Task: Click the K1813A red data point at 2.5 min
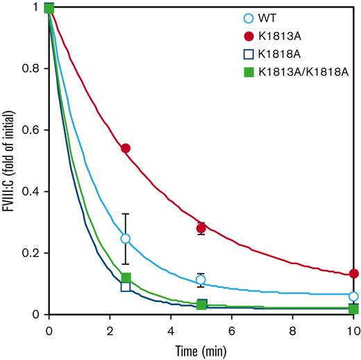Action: point(126,148)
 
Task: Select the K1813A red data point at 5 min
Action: point(201,228)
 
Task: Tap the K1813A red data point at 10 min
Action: point(353,274)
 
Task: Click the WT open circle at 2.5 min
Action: point(126,238)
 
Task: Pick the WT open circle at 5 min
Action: point(201,279)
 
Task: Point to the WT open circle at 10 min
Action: point(353,296)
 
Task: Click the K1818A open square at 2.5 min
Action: point(126,286)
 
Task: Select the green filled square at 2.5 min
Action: point(126,278)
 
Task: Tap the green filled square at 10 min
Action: point(353,309)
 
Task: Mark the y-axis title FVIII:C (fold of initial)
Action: point(10,161)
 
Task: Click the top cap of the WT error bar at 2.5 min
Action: point(126,214)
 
